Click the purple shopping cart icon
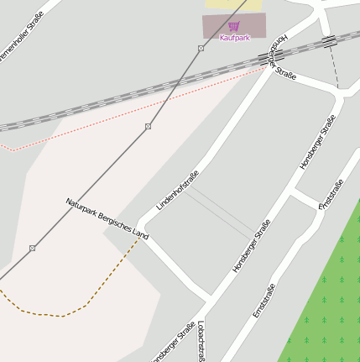(x=233, y=27)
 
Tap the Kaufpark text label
(x=234, y=38)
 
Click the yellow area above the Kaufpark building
(x=227, y=4)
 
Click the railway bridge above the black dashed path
(x=329, y=39)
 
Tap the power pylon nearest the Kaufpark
(x=201, y=49)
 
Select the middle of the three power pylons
(x=148, y=126)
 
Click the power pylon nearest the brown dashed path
(x=32, y=248)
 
